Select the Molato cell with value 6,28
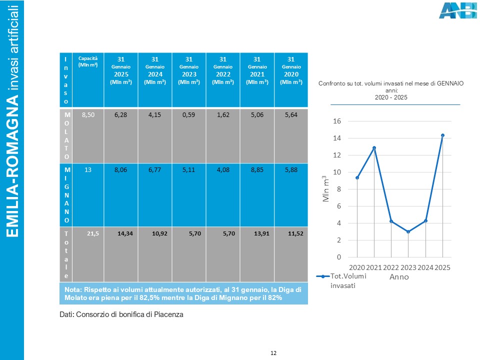tap(120, 115)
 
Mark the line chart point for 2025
tap(442, 135)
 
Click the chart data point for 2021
tap(374, 148)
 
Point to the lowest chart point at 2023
tap(408, 231)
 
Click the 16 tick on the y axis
tap(338, 121)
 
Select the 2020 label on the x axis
tap(357, 267)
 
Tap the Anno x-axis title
tap(399, 276)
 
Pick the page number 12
tap(273, 353)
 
